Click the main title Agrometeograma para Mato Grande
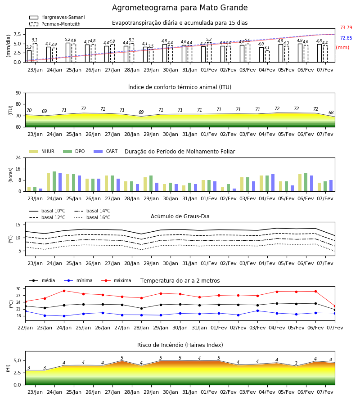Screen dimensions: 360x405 (180, 8)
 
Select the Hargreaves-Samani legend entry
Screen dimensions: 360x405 (57, 17)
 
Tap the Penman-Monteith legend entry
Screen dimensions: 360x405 (55, 24)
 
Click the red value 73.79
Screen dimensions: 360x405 (346, 27)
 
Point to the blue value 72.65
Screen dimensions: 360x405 (346, 38)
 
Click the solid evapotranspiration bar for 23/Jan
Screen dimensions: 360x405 (29, 56)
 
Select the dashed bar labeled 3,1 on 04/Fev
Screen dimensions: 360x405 (267, 56)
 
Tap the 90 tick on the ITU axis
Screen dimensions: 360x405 (18, 93)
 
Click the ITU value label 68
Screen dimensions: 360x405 (331, 112)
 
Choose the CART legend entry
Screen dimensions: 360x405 (106, 151)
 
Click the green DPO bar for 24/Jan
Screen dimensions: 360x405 (54, 181)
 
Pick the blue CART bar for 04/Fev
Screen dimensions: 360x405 (273, 183)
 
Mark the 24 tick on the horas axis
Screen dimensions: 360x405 (18, 157)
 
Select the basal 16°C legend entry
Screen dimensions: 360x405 (92, 217)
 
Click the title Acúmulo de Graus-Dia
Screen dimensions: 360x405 (180, 216)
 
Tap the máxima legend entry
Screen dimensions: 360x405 (116, 280)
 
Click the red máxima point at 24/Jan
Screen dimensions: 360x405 (64, 291)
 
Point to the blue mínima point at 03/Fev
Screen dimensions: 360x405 (257, 310)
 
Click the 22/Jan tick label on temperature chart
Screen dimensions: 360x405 (25, 328)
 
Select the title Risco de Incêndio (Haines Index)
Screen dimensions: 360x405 (180, 345)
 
